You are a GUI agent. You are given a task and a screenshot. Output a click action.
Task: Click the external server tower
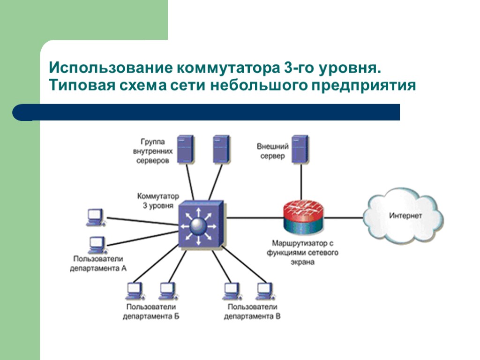coord(300,149)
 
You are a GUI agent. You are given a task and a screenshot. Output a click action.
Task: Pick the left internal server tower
coord(185,149)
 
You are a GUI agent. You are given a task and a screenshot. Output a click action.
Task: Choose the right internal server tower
coord(220,149)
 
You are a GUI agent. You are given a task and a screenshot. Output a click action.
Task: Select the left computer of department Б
coord(135,291)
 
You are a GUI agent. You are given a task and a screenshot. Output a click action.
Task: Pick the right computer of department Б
coord(166,291)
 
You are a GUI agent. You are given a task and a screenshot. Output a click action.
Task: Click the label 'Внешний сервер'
coord(272,151)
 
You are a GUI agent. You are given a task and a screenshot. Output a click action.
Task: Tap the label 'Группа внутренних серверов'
coord(153,150)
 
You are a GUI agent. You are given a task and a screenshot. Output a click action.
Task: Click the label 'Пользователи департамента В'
coord(252,312)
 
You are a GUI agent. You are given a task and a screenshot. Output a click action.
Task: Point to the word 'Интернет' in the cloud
coord(405,216)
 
